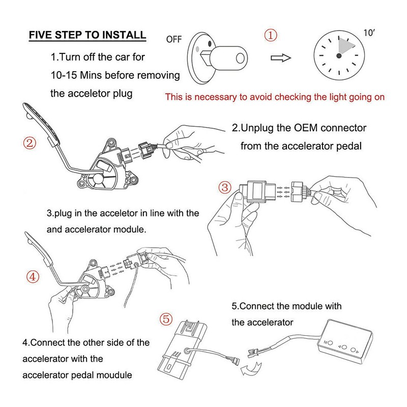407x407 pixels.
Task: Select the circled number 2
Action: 31,142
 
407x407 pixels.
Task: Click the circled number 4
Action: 32,277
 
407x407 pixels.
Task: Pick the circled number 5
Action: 165,320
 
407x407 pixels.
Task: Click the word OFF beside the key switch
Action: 175,38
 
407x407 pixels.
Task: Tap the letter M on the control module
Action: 328,342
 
